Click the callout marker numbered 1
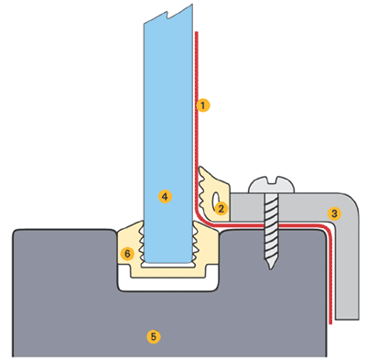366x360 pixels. tap(203, 105)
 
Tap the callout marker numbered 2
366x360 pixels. tap(221, 208)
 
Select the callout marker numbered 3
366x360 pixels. tap(334, 213)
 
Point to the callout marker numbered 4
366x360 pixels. tap(165, 196)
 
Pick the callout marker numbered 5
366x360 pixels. tap(153, 336)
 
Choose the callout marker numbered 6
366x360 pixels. tap(127, 254)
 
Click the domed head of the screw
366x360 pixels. tap(272, 184)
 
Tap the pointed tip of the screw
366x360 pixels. tap(271, 268)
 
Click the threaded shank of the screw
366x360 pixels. tap(271, 227)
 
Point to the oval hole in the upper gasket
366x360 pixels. tap(215, 199)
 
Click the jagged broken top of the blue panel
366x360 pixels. tap(168, 14)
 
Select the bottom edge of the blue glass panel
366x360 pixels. tap(168, 262)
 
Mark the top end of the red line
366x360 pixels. tap(197, 32)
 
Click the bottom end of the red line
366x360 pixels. tap(330, 322)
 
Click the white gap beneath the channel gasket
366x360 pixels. tap(168, 283)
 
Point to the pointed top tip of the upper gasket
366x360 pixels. tap(200, 168)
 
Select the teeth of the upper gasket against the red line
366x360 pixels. tap(201, 189)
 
